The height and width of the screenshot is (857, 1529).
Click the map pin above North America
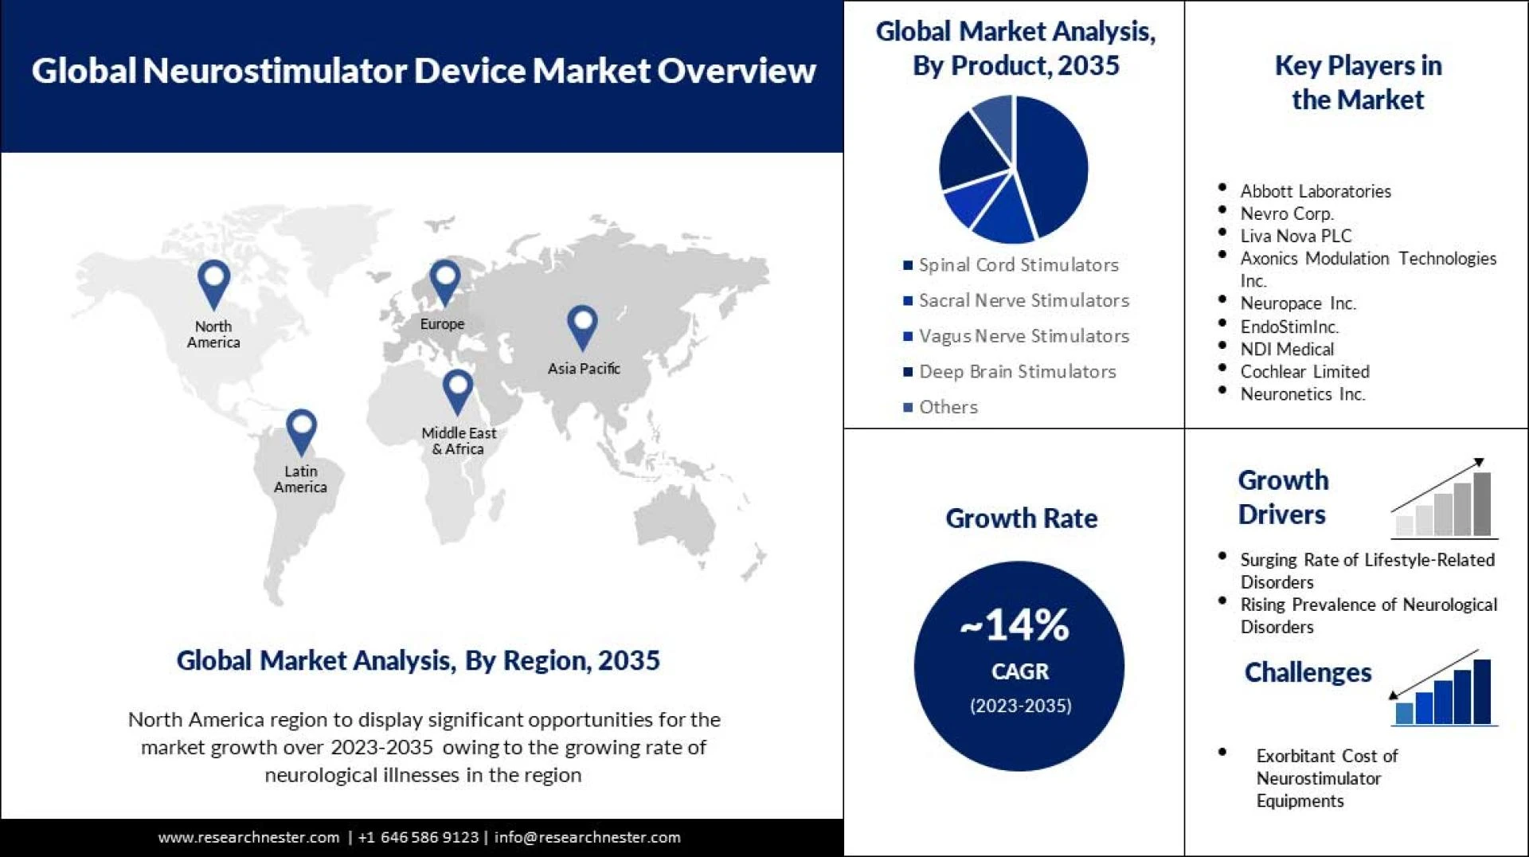pos(213,282)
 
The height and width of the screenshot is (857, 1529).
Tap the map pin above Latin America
pos(301,430)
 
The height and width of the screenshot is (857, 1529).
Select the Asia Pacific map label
pos(583,368)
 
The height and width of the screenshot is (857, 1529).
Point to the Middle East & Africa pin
pos(457,389)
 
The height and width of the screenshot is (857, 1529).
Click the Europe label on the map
pos(442,324)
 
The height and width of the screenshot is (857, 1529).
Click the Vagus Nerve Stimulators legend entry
pos(1023,336)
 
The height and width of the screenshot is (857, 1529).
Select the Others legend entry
pos(947,407)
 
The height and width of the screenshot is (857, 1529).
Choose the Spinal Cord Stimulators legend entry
pos(1018,265)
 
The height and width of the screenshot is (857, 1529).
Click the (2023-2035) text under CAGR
pos(1020,706)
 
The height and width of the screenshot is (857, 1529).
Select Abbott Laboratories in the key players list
pos(1315,191)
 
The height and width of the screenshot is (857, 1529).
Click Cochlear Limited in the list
pos(1304,371)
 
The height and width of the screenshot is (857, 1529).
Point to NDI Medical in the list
pos(1286,349)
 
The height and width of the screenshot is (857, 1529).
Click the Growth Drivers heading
pos(1282,497)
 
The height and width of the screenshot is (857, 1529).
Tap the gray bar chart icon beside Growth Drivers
pos(1445,499)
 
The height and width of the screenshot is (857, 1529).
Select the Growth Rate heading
pos(1021,519)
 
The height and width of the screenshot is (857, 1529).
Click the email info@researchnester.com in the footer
pos(587,837)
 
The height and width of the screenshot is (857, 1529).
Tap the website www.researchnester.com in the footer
pos(248,837)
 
